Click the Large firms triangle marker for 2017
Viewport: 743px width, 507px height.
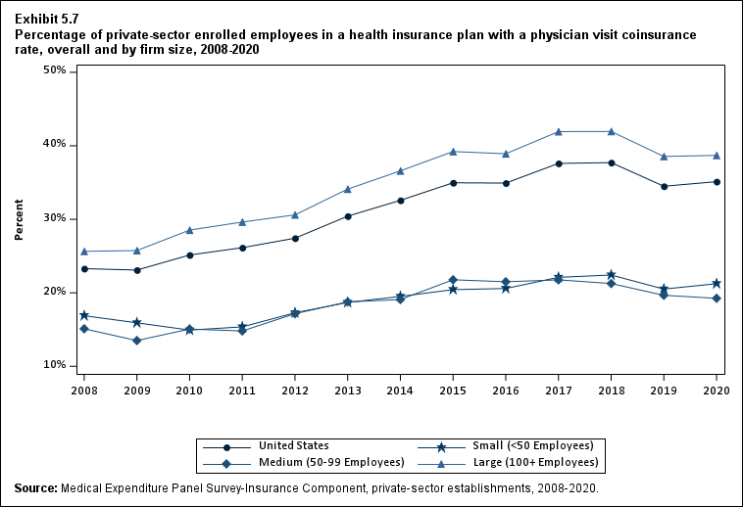tap(559, 131)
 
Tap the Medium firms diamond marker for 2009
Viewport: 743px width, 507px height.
tap(136, 341)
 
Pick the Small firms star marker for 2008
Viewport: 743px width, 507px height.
tap(84, 315)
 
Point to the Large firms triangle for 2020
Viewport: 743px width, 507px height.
tap(717, 156)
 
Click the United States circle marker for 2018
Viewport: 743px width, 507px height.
tap(612, 162)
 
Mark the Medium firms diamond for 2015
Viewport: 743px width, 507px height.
tap(453, 280)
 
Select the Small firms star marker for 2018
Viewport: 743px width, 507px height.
tap(612, 275)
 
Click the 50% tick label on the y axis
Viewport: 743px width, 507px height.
tap(54, 71)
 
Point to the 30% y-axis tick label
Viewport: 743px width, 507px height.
tap(54, 218)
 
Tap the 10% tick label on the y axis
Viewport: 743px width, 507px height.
tap(54, 365)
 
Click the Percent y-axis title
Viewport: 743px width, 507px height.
tap(19, 220)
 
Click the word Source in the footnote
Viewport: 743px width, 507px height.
tap(35, 487)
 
